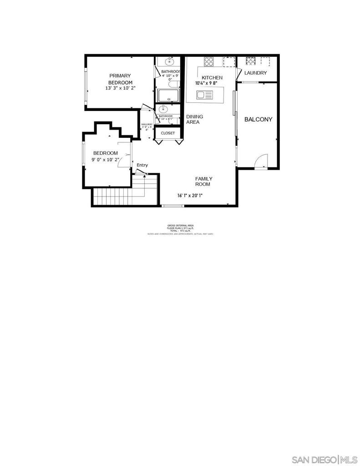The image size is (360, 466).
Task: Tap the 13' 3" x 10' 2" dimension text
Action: tap(120, 88)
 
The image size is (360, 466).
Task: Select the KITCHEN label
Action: tap(212, 78)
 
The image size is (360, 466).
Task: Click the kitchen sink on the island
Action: tap(205, 95)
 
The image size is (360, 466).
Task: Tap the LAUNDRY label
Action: tap(255, 73)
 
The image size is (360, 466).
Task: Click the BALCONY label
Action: tap(258, 120)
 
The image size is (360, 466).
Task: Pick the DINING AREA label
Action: tap(195, 119)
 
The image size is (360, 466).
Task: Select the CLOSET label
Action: tap(167, 133)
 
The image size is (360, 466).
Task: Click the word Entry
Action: tap(142, 165)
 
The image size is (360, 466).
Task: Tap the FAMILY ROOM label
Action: tap(203, 182)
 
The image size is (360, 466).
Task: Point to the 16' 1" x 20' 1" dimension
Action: tap(190, 196)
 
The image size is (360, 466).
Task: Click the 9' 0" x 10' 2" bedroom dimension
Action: tap(105, 160)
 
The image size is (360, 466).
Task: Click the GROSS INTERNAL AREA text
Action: tap(180, 226)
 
